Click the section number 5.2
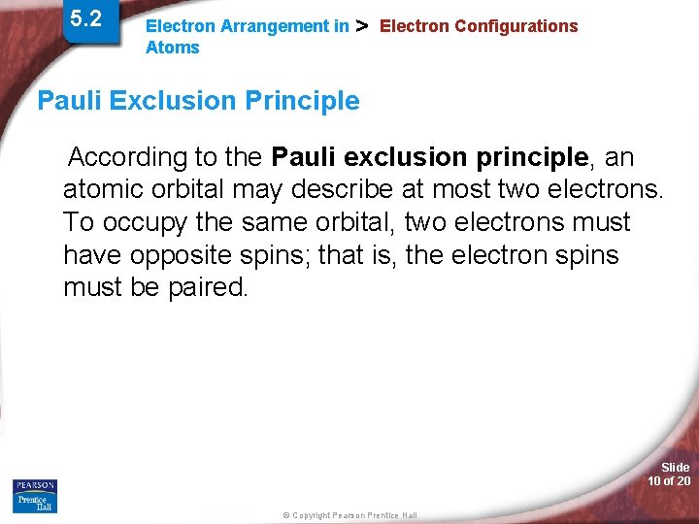coord(86,18)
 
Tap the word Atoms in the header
coord(172,48)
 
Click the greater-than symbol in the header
coord(363,25)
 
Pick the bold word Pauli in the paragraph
coord(304,157)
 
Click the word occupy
coord(143,222)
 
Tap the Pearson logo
coord(35,485)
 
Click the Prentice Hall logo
coord(35,503)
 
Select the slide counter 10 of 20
coord(669,481)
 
